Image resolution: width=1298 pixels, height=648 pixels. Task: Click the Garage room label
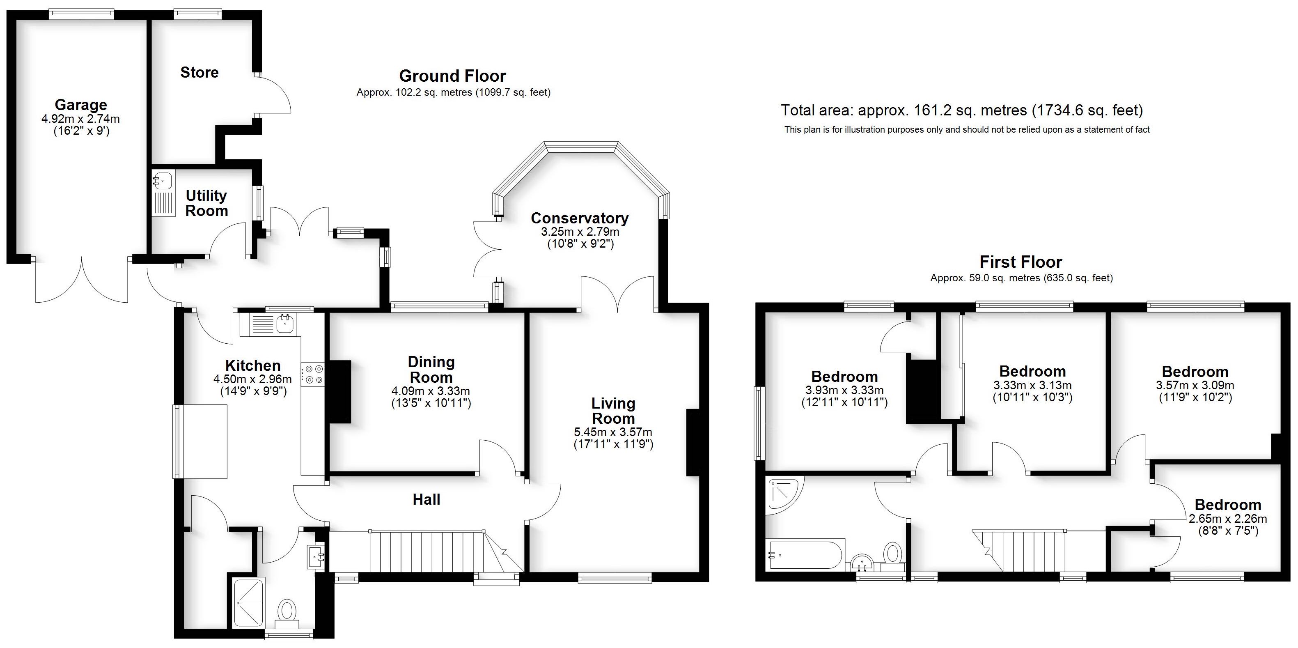tap(80, 105)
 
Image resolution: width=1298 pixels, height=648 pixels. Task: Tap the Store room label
tap(200, 73)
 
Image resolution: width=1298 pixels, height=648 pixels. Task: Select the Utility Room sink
tap(163, 180)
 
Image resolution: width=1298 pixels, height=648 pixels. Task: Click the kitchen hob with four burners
tap(313, 375)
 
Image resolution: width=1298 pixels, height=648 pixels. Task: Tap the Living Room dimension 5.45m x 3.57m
tap(613, 432)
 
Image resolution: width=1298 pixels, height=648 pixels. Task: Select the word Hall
tap(426, 500)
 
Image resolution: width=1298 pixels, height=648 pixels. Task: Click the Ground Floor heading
tap(452, 76)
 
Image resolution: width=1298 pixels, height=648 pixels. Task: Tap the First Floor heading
tap(1021, 262)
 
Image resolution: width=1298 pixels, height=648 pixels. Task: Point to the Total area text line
tap(961, 110)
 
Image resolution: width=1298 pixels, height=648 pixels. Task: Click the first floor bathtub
tap(804, 555)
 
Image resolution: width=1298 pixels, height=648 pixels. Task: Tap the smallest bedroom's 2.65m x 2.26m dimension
tap(1227, 519)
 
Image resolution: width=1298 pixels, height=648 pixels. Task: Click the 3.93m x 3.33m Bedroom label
tap(844, 377)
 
